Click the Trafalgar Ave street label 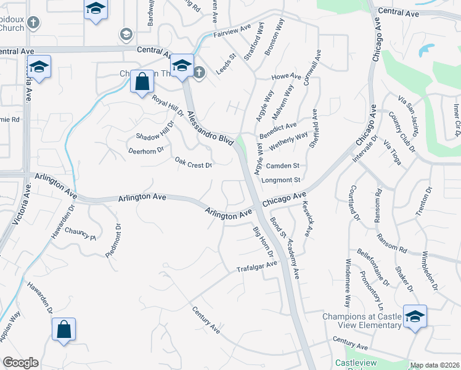[258, 268]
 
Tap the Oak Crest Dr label [194, 163]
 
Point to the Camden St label [282, 166]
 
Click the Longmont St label [280, 180]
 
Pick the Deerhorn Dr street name [145, 150]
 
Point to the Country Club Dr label [400, 129]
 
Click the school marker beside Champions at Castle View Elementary [415, 316]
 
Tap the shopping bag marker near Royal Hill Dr [142, 81]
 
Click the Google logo [20, 363]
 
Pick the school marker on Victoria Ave [39, 67]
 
